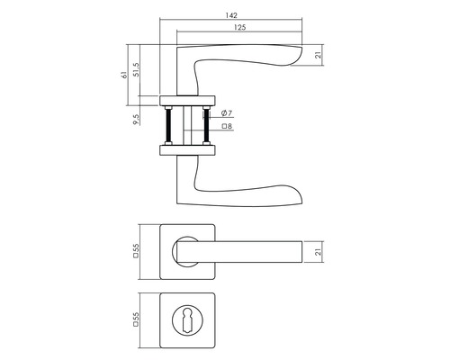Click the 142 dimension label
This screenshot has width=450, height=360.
click(x=231, y=15)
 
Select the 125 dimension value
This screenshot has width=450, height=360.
click(x=239, y=28)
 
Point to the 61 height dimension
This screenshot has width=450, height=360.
click(x=124, y=75)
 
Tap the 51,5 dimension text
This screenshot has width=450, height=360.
click(x=136, y=70)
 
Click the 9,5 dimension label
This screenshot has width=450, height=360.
click(x=136, y=120)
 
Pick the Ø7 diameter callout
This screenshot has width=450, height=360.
click(x=227, y=113)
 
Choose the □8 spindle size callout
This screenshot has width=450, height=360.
click(x=227, y=126)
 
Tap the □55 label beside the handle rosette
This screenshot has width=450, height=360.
click(x=136, y=251)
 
